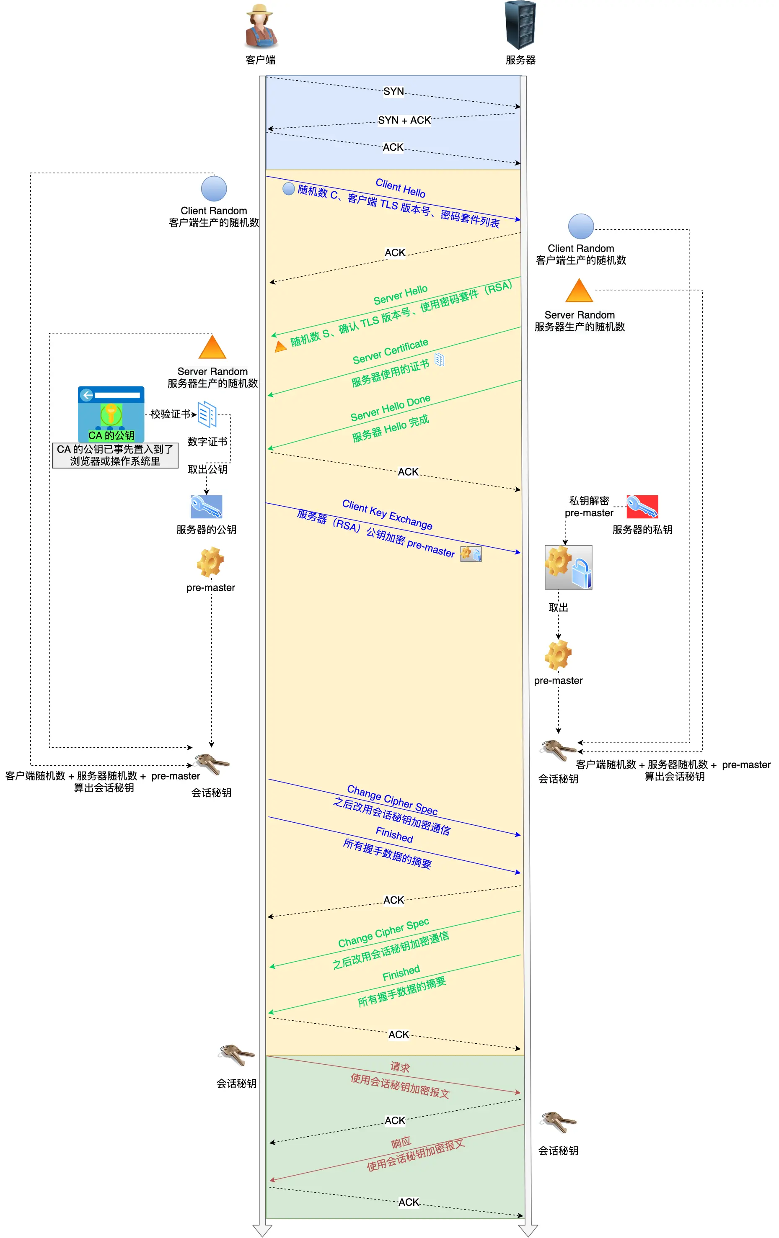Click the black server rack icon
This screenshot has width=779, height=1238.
coord(520,25)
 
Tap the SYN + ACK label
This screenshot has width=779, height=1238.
coord(404,120)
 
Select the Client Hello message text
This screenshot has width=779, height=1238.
coord(400,188)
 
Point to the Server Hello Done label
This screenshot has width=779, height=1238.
coord(390,408)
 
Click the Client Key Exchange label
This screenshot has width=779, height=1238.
coord(387,515)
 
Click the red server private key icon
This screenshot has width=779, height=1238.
coord(642,507)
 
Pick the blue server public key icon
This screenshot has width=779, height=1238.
coord(206,507)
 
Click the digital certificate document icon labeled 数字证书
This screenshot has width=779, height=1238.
coord(207,414)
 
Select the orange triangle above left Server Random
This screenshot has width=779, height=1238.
coord(212,347)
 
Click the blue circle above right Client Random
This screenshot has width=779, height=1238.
coord(581,227)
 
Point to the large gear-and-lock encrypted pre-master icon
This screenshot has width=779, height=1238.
coord(568,567)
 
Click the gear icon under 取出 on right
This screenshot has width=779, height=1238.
coord(558,654)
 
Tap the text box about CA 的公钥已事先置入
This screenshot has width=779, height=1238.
coord(115,455)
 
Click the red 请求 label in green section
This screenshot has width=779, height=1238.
coord(400,1067)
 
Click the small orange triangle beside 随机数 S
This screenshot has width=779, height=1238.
coord(280,347)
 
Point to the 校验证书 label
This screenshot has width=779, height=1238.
coord(170,414)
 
